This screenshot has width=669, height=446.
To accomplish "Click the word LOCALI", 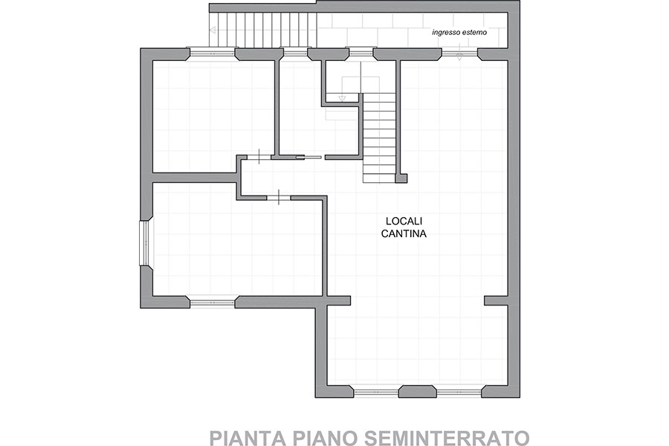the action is tap(404, 221).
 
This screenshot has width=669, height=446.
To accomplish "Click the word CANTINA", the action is tap(404, 234).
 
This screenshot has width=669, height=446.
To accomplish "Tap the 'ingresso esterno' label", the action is tap(459, 33).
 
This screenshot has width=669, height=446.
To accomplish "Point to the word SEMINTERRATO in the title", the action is tap(446, 439).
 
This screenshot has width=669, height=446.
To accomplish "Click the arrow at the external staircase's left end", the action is tap(213, 30).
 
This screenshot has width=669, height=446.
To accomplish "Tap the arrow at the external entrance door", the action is tap(459, 56).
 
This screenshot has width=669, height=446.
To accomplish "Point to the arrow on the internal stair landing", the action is tap(341, 98).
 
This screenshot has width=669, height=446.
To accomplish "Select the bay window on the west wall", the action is tap(143, 243).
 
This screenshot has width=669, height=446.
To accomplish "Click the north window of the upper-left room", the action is tap(213, 54).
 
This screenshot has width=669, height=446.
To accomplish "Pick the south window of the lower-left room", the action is tap(213, 303).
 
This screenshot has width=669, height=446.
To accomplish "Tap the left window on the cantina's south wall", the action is tap(377, 392).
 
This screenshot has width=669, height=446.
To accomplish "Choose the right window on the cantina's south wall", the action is tap(459, 392).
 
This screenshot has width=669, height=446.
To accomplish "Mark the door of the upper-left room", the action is tap(259, 157).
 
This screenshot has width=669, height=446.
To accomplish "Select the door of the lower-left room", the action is tap(279, 197).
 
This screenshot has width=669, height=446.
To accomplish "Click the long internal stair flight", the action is tap(379, 138).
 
